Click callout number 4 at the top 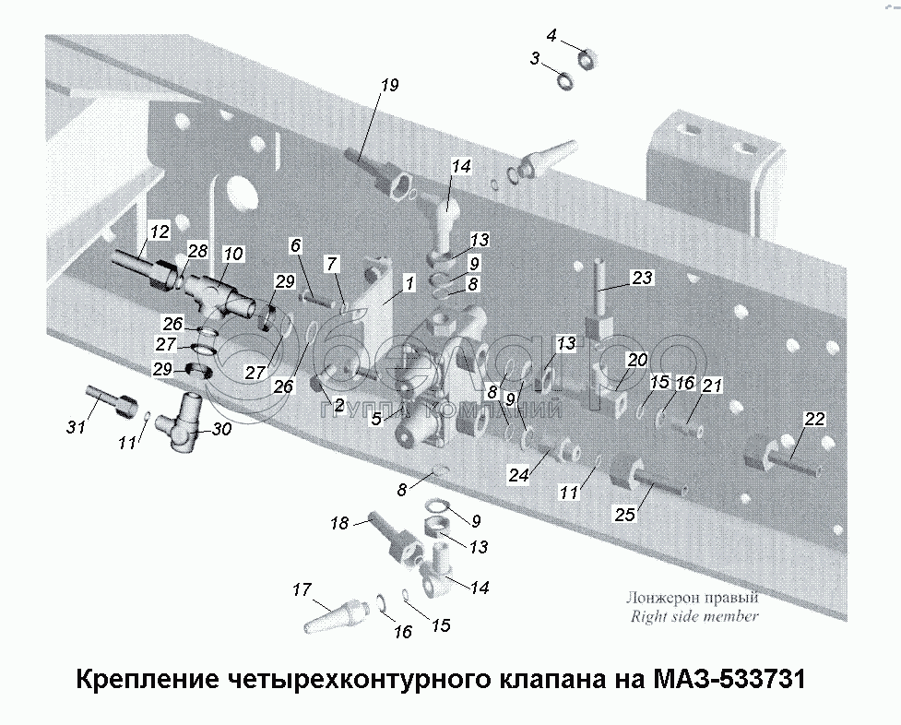551,36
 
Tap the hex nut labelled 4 587,58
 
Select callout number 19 389,85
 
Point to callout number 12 160,232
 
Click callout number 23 643,278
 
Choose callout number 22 815,419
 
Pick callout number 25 625,514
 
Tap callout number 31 76,427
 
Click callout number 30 222,429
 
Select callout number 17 302,589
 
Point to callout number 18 339,523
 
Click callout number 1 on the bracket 409,283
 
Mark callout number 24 518,475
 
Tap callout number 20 637,360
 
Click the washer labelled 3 564,80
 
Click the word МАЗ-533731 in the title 729,679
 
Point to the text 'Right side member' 694,617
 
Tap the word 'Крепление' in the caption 148,680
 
